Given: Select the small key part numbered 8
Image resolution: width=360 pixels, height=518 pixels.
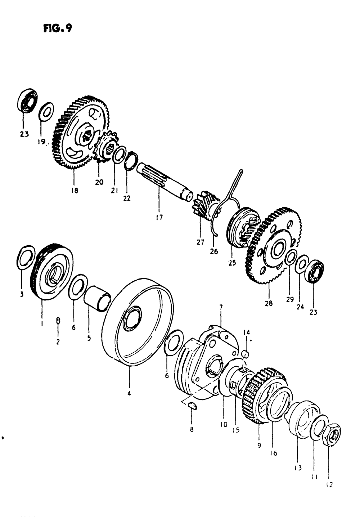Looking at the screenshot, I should point(192,406).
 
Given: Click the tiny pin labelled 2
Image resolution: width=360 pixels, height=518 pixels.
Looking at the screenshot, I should point(58,320).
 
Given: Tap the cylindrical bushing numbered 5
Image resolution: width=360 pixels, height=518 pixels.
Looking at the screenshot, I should point(97,298).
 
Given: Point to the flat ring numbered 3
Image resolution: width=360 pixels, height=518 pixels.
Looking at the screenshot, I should point(26,256).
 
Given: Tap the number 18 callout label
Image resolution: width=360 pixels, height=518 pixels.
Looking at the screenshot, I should point(75,190).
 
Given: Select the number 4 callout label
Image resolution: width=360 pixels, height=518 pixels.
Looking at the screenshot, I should point(129,393).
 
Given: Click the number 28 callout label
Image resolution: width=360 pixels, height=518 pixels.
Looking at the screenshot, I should point(269,303).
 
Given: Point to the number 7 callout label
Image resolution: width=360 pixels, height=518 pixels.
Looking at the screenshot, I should point(221,307).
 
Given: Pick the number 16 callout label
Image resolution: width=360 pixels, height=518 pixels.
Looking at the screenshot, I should point(274,453).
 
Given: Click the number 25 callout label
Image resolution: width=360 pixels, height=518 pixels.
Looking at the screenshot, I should point(232,263).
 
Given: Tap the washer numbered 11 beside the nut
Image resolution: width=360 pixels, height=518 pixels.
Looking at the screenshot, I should point(319,425).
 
